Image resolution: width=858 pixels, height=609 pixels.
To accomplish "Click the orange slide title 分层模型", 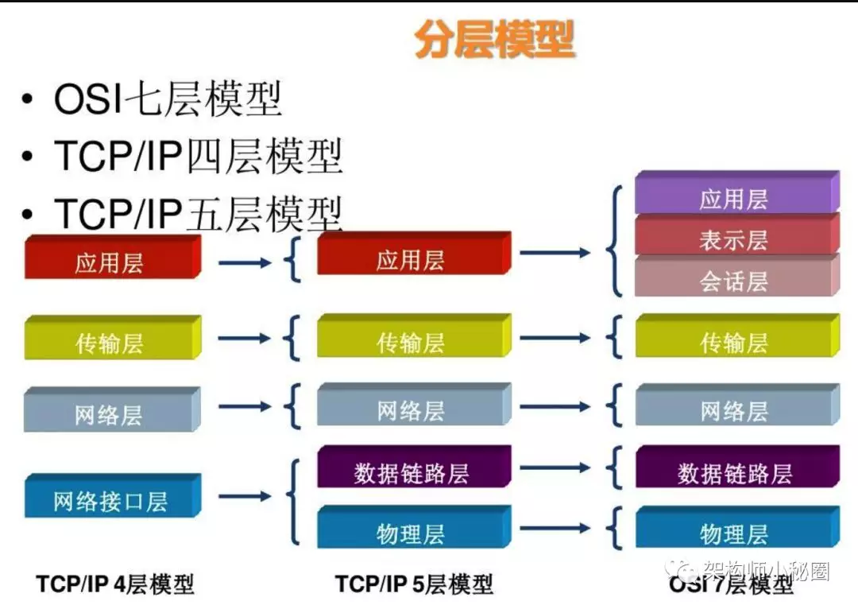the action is (495, 40).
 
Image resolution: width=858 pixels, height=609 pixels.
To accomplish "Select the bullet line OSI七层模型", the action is (168, 99).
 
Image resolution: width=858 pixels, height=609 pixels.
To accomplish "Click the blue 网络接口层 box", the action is (113, 495).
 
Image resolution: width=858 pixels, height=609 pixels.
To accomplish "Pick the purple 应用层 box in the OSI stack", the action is (737, 192).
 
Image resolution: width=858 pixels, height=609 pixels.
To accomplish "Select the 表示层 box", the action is (737, 234).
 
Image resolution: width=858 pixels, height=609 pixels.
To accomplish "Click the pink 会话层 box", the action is (737, 275).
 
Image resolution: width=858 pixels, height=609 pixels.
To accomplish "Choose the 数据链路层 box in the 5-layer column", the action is (414, 467).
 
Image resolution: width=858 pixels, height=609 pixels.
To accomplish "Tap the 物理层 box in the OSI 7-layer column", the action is (737, 527).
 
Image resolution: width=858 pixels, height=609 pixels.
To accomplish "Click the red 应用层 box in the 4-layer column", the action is (113, 257).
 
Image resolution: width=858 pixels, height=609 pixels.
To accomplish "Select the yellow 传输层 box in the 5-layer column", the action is (414, 336).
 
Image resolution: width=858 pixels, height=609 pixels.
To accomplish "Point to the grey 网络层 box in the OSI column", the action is (737, 405).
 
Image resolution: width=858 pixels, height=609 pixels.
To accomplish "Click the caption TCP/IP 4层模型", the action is (115, 584).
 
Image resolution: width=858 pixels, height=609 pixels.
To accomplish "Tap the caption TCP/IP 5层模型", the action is (414, 584).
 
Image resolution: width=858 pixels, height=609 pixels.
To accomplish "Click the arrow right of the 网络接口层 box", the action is (245, 496).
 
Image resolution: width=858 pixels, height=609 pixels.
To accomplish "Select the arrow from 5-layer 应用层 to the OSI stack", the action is (555, 253).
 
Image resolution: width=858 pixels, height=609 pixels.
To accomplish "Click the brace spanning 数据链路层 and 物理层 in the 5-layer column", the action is (292, 502).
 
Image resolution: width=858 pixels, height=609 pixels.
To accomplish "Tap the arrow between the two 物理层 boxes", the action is (555, 529).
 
